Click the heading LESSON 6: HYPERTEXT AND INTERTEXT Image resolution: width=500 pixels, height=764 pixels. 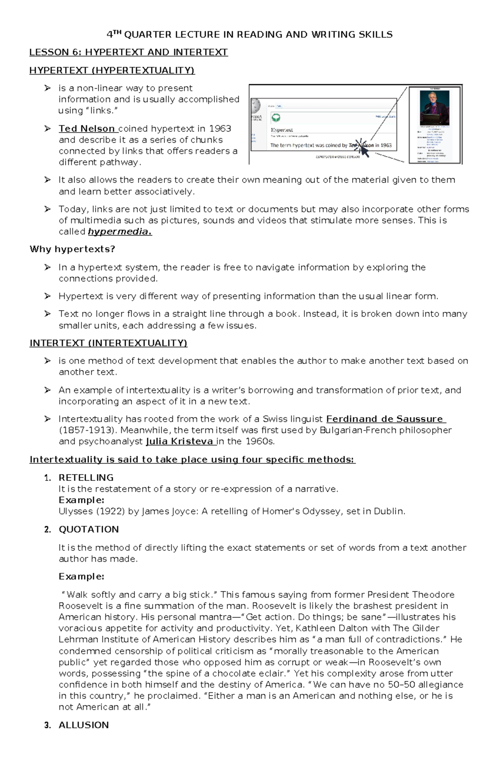(128, 52)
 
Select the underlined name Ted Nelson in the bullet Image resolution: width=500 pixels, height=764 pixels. (87, 129)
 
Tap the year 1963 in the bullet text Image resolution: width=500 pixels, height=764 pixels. (220, 129)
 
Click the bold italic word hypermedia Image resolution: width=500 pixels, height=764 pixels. (120, 232)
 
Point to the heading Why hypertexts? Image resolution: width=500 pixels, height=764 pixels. (72, 249)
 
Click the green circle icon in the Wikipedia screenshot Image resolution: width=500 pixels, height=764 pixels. (276, 118)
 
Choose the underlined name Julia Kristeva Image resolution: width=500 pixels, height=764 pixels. (180, 442)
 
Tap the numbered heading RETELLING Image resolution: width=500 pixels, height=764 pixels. (86, 478)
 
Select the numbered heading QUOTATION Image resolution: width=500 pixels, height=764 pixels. (88, 530)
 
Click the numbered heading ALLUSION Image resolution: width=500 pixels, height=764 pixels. (83, 725)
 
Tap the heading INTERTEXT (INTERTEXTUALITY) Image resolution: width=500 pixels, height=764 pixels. (108, 343)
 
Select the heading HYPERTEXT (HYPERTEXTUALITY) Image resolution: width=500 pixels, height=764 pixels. (112, 70)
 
